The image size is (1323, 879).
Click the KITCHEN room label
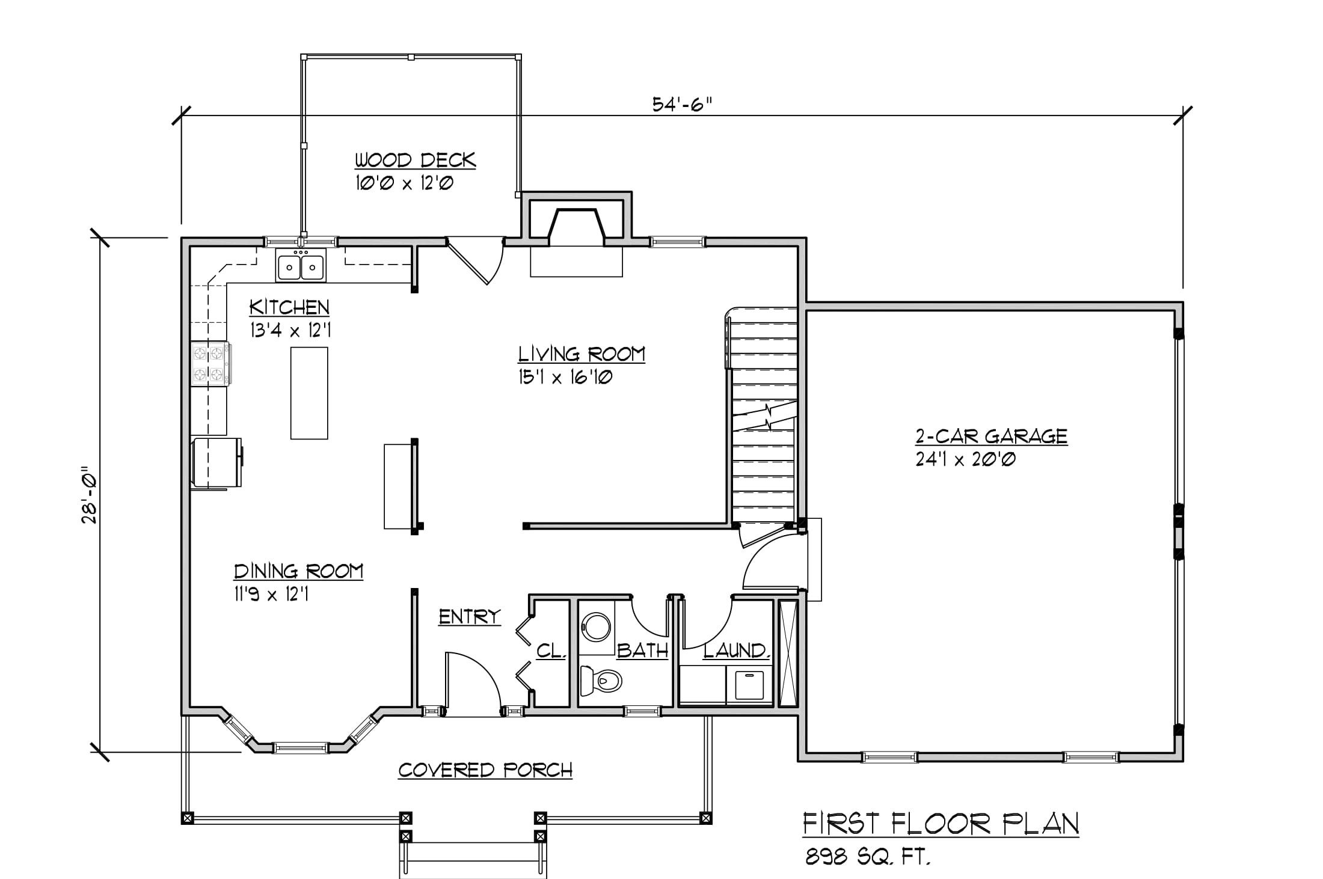(289, 307)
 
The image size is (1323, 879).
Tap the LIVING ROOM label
(582, 354)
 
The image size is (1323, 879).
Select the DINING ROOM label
(298, 571)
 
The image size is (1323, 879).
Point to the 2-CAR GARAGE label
(991, 435)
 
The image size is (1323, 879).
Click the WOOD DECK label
(415, 161)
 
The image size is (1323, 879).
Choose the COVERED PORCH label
(485, 770)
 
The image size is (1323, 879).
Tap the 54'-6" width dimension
(681, 105)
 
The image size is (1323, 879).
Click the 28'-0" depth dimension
(90, 495)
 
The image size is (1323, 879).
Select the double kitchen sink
(301, 265)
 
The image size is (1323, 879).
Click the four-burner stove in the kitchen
(210, 363)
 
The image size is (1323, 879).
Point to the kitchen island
(309, 393)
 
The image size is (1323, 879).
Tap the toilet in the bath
(601, 681)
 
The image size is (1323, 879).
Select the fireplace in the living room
(576, 234)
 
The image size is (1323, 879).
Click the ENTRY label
(469, 617)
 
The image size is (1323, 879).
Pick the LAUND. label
(737, 651)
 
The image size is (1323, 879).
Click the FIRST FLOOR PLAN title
(941, 824)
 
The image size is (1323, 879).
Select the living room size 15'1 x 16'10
(565, 378)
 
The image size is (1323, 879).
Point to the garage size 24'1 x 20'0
(965, 459)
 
